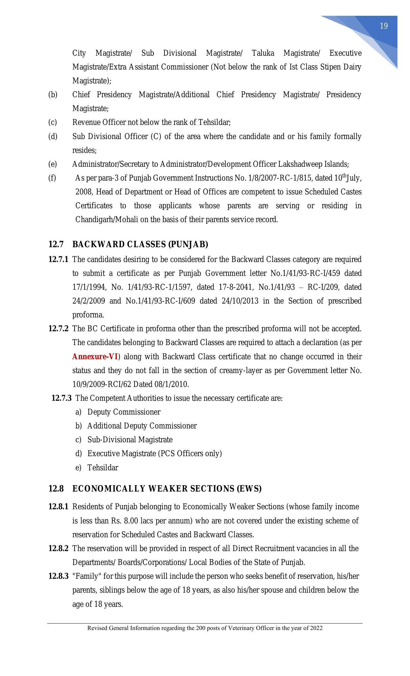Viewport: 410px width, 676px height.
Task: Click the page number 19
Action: pyautogui.click(x=384, y=26)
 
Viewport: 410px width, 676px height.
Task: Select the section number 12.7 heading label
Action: pyautogui.click(x=56, y=245)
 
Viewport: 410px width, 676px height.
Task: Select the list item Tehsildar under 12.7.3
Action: pyautogui.click(x=103, y=468)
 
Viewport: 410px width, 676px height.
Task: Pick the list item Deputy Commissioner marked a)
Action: pyautogui.click(x=124, y=412)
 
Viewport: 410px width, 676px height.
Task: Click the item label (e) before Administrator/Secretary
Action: pyautogui.click(x=52, y=164)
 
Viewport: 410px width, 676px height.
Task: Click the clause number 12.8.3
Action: pyautogui.click(x=58, y=576)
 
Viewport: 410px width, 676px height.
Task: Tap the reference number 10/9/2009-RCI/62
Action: pyautogui.click(x=102, y=384)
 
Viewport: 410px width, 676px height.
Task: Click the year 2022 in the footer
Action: pyautogui.click(x=316, y=628)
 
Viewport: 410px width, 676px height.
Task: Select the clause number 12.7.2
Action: pyautogui.click(x=58, y=329)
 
